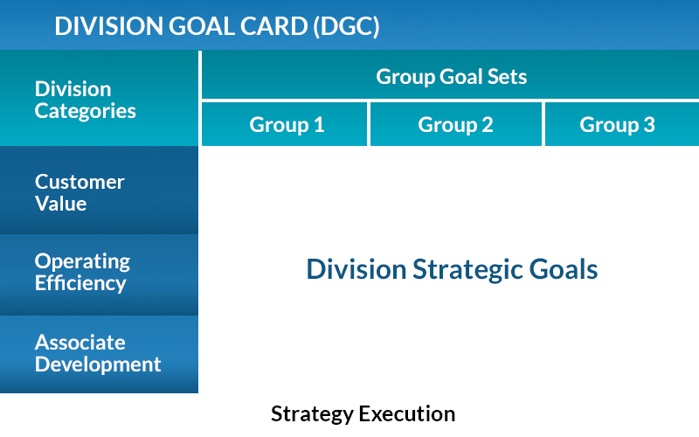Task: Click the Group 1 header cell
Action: [285, 124]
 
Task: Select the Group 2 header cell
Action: [456, 124]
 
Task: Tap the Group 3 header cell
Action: [622, 124]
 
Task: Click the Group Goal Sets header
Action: [450, 75]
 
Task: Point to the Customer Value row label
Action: [99, 191]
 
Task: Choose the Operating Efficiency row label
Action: [99, 274]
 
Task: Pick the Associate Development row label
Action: [99, 355]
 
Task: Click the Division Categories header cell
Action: [99, 98]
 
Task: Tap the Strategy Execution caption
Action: [363, 414]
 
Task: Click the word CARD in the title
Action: [273, 26]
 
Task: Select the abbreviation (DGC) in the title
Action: [346, 26]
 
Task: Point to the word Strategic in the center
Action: [467, 270]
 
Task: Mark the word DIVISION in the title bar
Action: [109, 26]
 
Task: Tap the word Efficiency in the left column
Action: [80, 283]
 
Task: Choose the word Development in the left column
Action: [98, 364]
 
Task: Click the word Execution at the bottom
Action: [407, 413]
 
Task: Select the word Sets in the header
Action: [507, 77]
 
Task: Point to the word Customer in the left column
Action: [80, 182]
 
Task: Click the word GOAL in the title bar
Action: [202, 26]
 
